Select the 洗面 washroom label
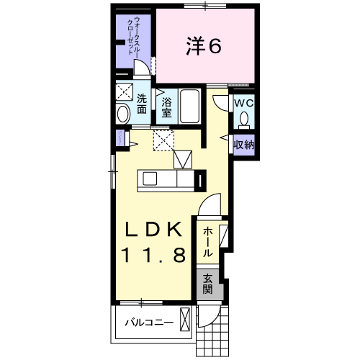point(142,104)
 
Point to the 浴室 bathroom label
point(166,107)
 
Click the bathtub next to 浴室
point(192,106)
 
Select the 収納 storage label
point(243,144)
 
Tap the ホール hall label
point(207,243)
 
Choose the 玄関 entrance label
point(207,284)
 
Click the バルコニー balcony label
point(148,323)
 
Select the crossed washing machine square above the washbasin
point(125,92)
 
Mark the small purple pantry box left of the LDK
point(117,139)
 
